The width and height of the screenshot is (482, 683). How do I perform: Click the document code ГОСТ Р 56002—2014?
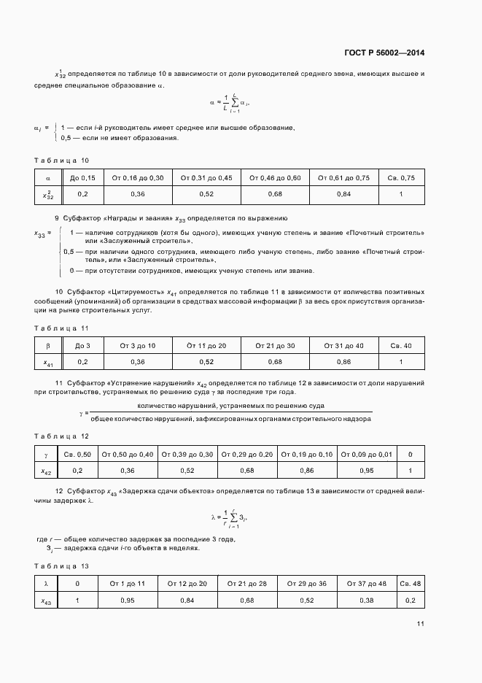[x=384, y=53]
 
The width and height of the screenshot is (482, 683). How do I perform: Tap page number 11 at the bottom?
[x=421, y=624]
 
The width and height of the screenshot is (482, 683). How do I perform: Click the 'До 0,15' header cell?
[x=82, y=177]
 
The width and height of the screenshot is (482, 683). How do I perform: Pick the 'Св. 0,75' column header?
[x=401, y=177]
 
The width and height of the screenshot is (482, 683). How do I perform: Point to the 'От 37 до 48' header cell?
[x=367, y=584]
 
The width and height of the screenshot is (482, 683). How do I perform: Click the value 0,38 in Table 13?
[x=367, y=601]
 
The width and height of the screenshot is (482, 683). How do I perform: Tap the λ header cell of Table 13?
[x=46, y=584]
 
